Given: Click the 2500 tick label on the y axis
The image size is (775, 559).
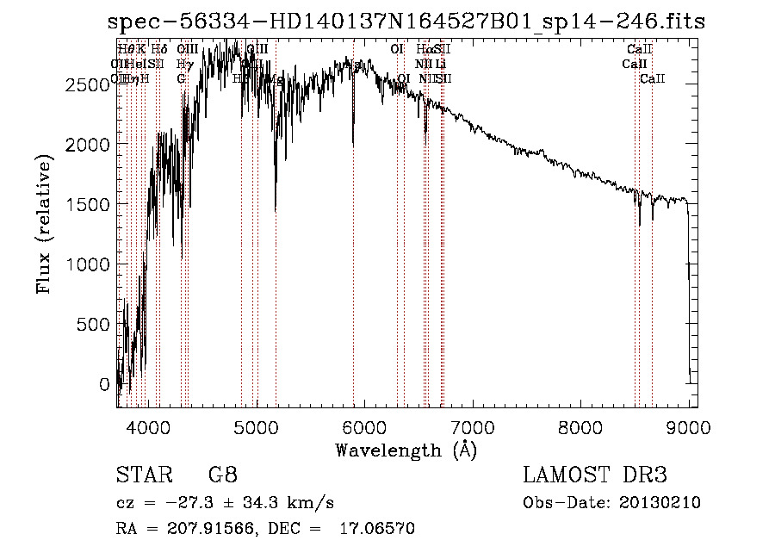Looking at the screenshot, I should point(88,84).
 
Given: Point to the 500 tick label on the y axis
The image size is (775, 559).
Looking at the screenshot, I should point(93,325).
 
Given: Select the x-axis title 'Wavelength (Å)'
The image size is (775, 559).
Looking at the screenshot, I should point(406,450).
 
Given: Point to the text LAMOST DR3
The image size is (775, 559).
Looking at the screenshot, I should point(595,475).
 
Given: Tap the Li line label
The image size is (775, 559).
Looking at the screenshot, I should point(440,64).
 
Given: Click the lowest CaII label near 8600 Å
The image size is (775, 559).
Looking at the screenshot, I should point(652,79).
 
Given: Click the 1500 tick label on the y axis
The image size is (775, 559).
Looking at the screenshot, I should point(88,205).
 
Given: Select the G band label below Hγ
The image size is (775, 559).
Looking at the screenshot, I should point(181,79).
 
